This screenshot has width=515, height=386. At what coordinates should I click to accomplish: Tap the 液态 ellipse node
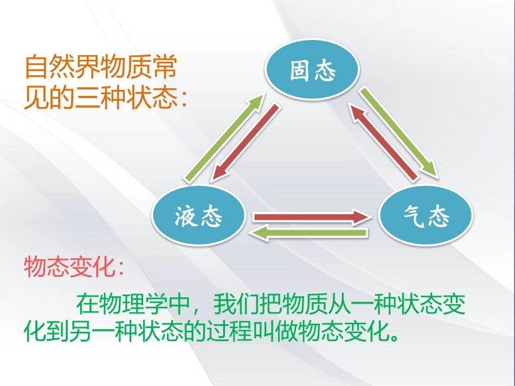[x=198, y=217]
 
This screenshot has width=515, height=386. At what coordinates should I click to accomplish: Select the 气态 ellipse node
[x=426, y=217]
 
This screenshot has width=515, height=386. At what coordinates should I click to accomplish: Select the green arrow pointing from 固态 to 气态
[x=398, y=132]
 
